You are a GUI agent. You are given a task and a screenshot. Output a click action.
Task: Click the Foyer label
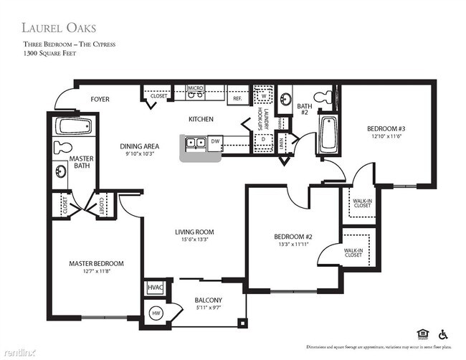100,99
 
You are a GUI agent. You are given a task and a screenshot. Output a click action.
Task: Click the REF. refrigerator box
237,95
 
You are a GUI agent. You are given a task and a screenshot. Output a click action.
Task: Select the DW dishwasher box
215,142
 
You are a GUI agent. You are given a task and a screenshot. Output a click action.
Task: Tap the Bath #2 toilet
326,97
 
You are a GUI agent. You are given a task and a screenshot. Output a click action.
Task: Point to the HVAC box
155,288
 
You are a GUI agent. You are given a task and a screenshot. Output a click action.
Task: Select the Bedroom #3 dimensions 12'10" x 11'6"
388,136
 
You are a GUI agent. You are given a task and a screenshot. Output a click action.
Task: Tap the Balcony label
208,300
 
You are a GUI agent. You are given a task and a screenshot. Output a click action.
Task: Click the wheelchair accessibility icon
442,333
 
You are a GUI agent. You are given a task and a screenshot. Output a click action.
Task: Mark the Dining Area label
139,146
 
